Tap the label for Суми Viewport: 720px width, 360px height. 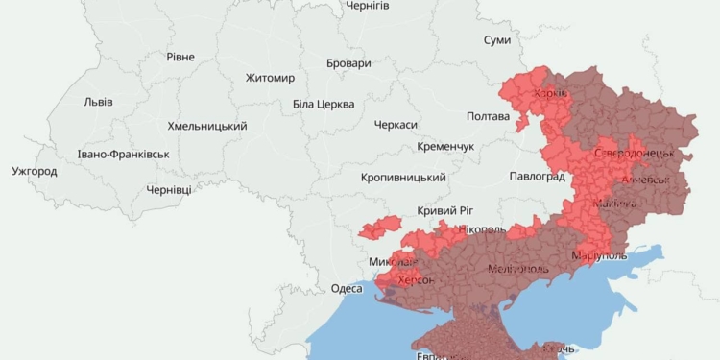[497, 40]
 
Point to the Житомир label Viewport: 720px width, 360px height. [270, 78]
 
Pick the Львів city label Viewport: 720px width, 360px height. [98, 102]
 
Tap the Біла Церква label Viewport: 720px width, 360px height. [324, 104]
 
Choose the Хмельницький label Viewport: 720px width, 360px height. [206, 127]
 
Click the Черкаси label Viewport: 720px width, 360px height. [396, 126]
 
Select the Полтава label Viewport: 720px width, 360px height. [488, 116]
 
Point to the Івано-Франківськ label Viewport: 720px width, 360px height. [124, 154]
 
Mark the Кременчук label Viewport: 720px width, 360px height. [446, 146]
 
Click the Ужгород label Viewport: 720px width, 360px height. [35, 172]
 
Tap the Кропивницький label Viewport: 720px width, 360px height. [403, 178]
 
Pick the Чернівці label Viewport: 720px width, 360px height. [168, 190]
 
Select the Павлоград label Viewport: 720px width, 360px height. [537, 178]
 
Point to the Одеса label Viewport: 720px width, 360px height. [347, 288]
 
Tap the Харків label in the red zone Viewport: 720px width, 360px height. [550, 94]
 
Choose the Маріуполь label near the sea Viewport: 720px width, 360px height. [598, 255]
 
